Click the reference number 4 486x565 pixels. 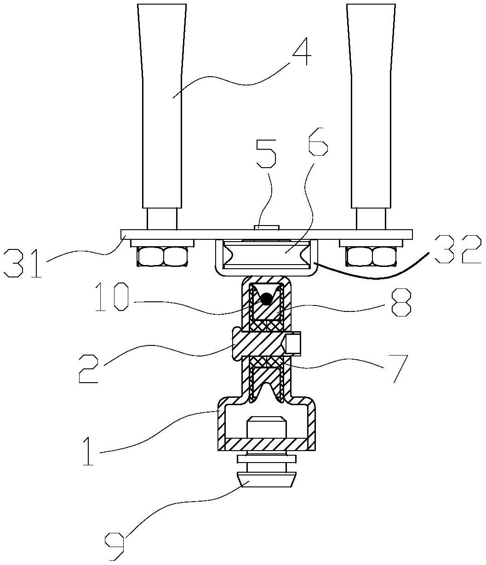coord(302,51)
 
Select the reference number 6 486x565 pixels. coord(318,141)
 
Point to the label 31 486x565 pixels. coord(23,263)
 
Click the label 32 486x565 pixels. coord(458,249)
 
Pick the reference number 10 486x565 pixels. coord(112,297)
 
